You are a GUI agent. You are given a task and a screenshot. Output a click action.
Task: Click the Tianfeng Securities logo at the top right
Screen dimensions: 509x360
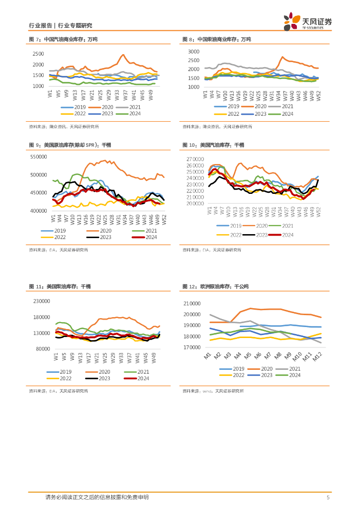[x=307, y=21]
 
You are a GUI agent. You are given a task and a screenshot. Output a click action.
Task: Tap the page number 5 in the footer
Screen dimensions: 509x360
[x=328, y=497]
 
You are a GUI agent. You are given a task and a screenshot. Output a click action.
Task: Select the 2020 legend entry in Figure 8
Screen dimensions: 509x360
[x=255, y=106]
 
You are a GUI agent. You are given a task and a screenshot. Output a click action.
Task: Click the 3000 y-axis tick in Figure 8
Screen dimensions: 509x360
[x=193, y=52]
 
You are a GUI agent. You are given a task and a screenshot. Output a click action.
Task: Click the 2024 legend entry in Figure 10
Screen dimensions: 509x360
[x=284, y=235]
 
